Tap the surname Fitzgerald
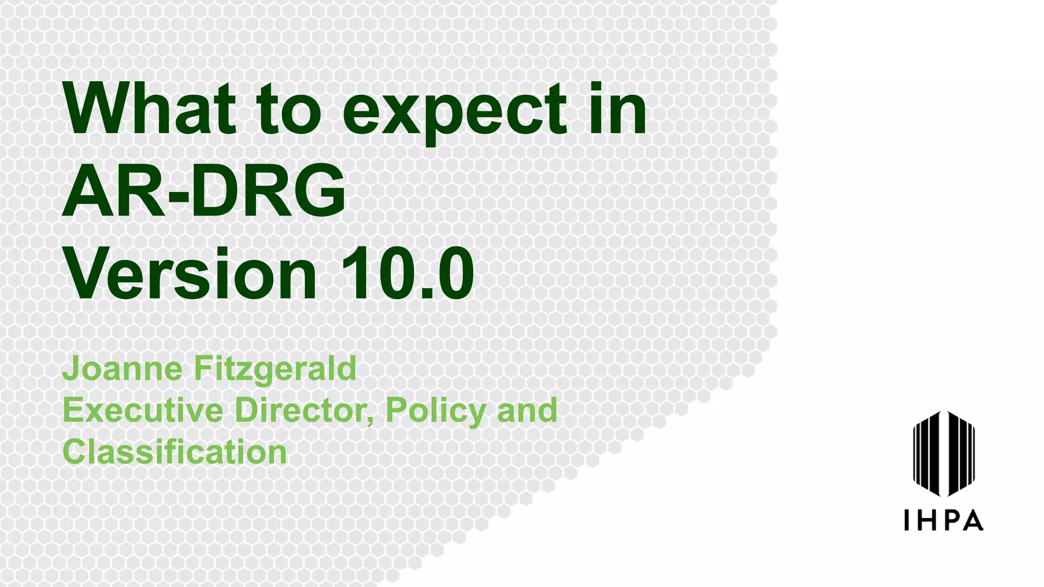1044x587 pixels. tap(275, 369)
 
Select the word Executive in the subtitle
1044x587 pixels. tap(143, 410)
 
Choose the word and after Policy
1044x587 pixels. tap(527, 410)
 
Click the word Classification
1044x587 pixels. tap(175, 452)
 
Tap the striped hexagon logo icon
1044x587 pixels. tap(944, 453)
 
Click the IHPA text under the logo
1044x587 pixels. tap(944, 520)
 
